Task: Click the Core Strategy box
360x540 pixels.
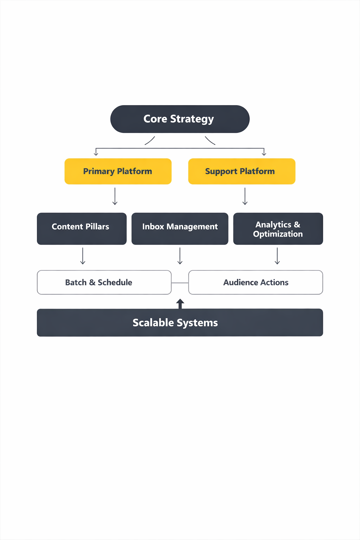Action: click(180, 119)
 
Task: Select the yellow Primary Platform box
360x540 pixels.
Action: click(118, 171)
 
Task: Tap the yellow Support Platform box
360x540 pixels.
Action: click(242, 171)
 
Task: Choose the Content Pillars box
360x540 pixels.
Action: click(82, 229)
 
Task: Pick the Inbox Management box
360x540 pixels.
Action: click(180, 229)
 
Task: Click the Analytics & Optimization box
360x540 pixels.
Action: click(278, 229)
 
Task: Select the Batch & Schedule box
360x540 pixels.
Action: click(104, 282)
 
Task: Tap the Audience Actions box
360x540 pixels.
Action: click(256, 282)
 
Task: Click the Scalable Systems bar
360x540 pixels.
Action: click(180, 322)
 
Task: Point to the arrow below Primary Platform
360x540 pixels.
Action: click(115, 196)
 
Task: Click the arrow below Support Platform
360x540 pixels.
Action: click(245, 196)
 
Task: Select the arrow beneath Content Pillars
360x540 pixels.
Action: click(83, 256)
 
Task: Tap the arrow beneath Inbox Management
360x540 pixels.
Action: click(180, 256)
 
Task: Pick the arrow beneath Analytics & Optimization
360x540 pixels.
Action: click(277, 256)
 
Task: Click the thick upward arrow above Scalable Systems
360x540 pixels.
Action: click(180, 303)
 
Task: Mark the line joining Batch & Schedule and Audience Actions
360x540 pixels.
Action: click(180, 283)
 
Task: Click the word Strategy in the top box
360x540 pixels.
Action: click(192, 119)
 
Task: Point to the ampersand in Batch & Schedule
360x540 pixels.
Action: click(92, 282)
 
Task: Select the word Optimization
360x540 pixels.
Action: click(278, 234)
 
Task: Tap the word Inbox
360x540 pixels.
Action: click(153, 227)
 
